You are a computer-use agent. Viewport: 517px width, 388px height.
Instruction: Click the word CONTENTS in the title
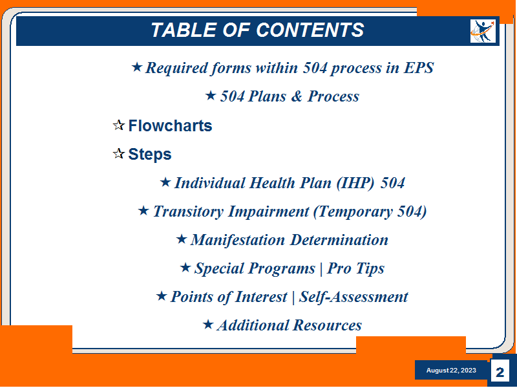(310, 30)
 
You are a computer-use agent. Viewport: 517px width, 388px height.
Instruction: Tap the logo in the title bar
(483, 31)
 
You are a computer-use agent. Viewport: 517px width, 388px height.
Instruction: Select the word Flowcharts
(170, 125)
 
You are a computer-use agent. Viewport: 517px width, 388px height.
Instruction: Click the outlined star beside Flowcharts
(119, 125)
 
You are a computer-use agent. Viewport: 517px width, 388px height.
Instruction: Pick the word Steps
(150, 154)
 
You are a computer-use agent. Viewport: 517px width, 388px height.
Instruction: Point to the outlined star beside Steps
(119, 154)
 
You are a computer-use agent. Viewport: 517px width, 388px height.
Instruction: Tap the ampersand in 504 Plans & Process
(297, 96)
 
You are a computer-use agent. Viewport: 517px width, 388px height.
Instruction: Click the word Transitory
(188, 212)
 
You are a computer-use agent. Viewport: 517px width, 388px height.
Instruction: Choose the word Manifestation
(238, 240)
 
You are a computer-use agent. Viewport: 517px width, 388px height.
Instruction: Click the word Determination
(339, 240)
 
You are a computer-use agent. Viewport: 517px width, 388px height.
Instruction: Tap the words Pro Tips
(356, 268)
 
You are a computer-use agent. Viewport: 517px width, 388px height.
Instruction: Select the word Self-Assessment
(353, 297)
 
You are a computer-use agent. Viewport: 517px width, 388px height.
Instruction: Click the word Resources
(327, 325)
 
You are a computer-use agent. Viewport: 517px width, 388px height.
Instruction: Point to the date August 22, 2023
(451, 371)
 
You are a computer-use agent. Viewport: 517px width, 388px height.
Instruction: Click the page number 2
(500, 372)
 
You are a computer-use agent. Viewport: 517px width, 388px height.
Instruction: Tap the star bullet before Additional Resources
(208, 325)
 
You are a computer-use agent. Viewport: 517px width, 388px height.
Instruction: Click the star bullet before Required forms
(137, 67)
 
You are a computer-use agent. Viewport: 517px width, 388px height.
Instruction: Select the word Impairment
(269, 212)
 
